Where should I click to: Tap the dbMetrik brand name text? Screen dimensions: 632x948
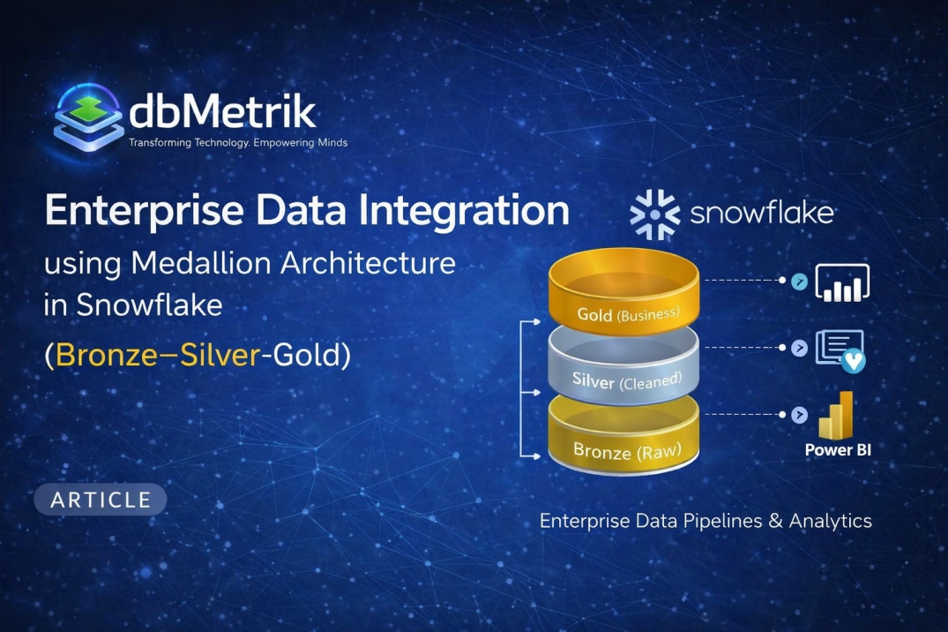pyautogui.click(x=222, y=112)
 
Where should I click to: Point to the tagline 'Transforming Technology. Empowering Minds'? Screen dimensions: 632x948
pyautogui.click(x=238, y=142)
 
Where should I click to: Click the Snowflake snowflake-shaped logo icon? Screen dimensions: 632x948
pyautogui.click(x=654, y=214)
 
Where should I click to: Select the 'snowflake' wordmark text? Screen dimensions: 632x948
pyautogui.click(x=762, y=214)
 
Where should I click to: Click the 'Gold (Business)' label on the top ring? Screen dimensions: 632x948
pyautogui.click(x=628, y=314)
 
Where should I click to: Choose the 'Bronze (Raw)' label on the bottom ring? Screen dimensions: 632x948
pyautogui.click(x=627, y=451)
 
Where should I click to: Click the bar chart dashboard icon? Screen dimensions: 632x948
pyautogui.click(x=842, y=282)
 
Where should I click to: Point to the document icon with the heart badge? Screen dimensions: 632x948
pyautogui.click(x=840, y=350)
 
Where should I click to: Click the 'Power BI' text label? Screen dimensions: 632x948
pyautogui.click(x=838, y=450)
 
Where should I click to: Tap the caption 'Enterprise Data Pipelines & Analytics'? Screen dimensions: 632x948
pyautogui.click(x=705, y=521)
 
